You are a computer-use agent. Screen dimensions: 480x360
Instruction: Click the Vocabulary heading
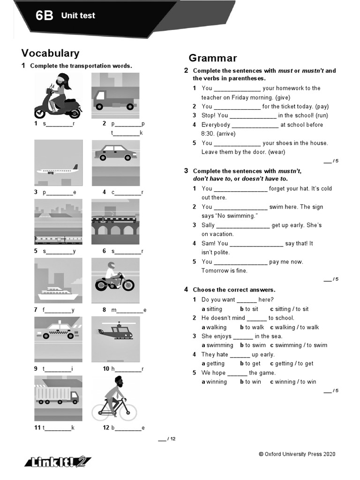(50, 53)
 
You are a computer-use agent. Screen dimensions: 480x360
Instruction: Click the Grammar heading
(213, 58)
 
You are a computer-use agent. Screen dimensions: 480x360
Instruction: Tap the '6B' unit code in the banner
(45, 16)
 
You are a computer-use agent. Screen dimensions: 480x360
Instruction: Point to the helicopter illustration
(114, 331)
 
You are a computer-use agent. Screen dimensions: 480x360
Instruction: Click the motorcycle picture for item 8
(114, 280)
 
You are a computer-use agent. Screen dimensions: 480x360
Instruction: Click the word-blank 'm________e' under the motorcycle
(129, 310)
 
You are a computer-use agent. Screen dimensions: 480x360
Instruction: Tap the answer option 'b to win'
(250, 382)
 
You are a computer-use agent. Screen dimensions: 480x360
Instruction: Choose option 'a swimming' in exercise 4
(217, 345)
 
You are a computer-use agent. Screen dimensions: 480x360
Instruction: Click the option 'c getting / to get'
(292, 363)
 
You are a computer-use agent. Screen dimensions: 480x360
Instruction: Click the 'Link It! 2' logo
(58, 462)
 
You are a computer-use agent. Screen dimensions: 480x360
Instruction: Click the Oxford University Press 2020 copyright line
(297, 454)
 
